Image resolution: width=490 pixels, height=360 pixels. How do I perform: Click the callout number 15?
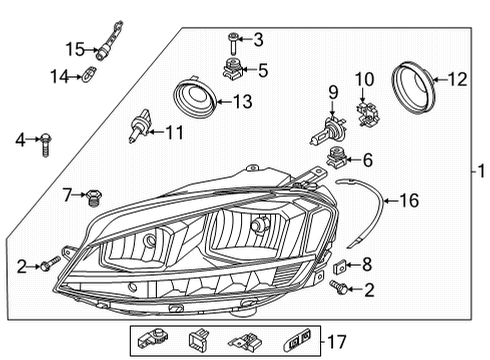click(x=75, y=49)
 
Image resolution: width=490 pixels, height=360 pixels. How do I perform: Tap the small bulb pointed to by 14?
click(x=89, y=75)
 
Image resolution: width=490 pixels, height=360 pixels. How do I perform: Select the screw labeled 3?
click(x=233, y=44)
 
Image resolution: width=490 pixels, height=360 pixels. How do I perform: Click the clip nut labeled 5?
click(x=233, y=68)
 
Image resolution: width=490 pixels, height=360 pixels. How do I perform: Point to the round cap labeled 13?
click(x=195, y=98)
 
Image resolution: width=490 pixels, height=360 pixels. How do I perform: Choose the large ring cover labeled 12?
click(x=414, y=88)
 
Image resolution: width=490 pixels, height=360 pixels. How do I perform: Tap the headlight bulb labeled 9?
click(x=328, y=131)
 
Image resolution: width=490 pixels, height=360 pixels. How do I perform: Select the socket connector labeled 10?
click(x=367, y=114)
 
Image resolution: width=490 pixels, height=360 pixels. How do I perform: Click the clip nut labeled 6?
click(x=336, y=157)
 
